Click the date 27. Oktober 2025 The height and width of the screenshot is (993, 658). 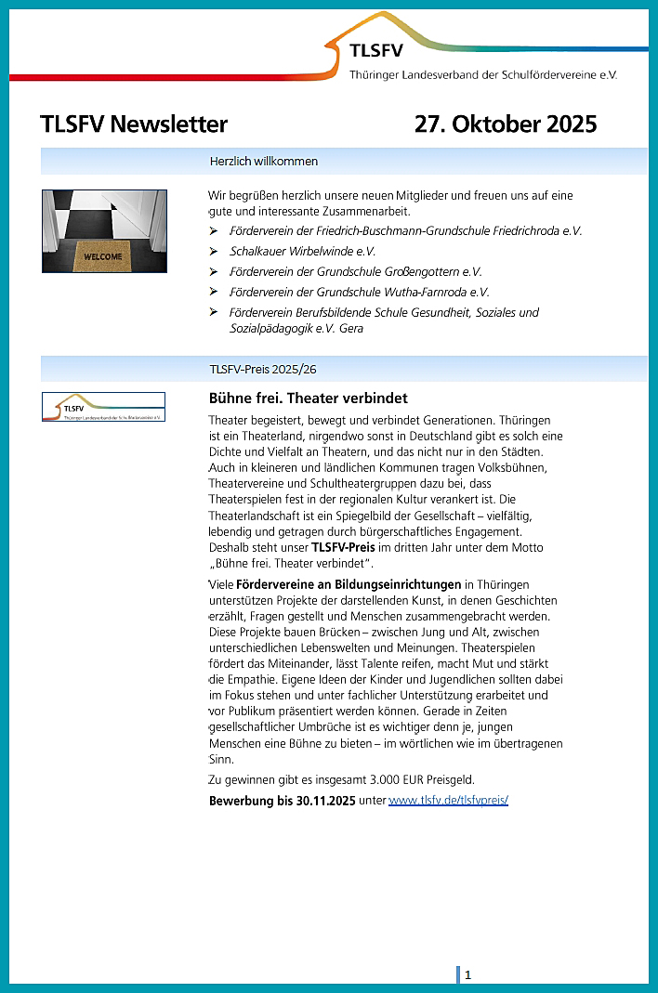tap(506, 124)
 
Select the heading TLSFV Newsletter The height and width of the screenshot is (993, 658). tap(134, 124)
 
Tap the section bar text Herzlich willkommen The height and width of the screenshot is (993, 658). tap(264, 162)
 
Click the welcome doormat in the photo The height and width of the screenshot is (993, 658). tap(103, 255)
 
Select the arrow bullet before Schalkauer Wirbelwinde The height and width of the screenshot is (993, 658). tap(214, 251)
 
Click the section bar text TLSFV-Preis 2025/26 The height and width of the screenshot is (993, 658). tap(263, 369)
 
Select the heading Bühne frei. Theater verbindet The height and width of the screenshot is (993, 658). tap(295, 399)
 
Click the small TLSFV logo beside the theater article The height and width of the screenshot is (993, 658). tap(103, 407)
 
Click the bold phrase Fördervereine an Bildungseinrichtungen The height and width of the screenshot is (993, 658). tap(349, 584)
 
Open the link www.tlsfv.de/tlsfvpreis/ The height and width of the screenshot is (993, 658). tap(448, 800)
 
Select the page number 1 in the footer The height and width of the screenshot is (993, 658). tap(468, 974)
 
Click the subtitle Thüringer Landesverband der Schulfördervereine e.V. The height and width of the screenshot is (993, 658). tap(482, 74)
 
